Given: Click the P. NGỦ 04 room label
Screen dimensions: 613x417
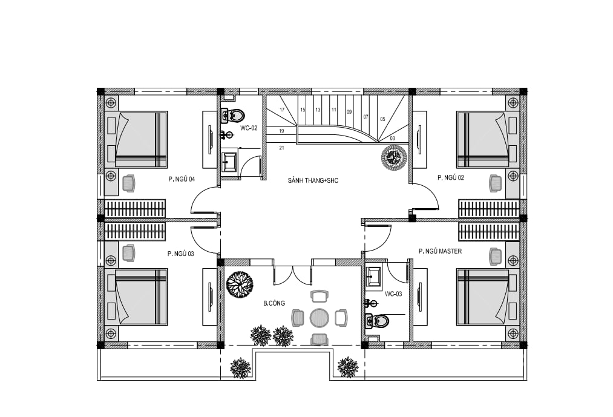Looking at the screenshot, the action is tap(182, 179).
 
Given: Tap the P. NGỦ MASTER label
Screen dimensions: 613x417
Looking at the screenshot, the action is tap(440, 251).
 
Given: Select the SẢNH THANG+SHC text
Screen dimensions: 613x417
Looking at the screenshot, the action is tap(313, 181).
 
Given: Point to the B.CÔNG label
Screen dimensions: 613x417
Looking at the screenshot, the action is tap(274, 303).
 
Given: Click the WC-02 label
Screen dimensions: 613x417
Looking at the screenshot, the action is tap(249, 128).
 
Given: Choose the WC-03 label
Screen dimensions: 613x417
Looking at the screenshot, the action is tap(393, 294).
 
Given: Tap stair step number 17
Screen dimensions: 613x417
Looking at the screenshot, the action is tap(282, 110).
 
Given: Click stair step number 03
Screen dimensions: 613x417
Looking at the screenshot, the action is tap(393, 138).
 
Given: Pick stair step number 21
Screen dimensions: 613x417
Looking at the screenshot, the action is tap(282, 148).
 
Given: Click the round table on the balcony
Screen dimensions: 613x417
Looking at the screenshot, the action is tap(320, 318).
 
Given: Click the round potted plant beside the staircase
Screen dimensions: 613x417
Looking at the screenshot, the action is tap(394, 157).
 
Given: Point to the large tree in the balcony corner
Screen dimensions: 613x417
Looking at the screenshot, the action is tap(239, 284).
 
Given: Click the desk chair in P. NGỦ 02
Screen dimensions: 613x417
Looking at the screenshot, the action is tap(496, 183).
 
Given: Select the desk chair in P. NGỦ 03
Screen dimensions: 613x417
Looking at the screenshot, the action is tap(128, 253).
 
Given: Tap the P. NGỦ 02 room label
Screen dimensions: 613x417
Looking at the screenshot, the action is tap(451, 177).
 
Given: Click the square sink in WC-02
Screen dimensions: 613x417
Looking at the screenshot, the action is tap(229, 162).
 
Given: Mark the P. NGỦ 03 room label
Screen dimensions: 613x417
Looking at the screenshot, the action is tap(180, 254).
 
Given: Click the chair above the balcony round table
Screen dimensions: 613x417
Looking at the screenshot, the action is tap(319, 296).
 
